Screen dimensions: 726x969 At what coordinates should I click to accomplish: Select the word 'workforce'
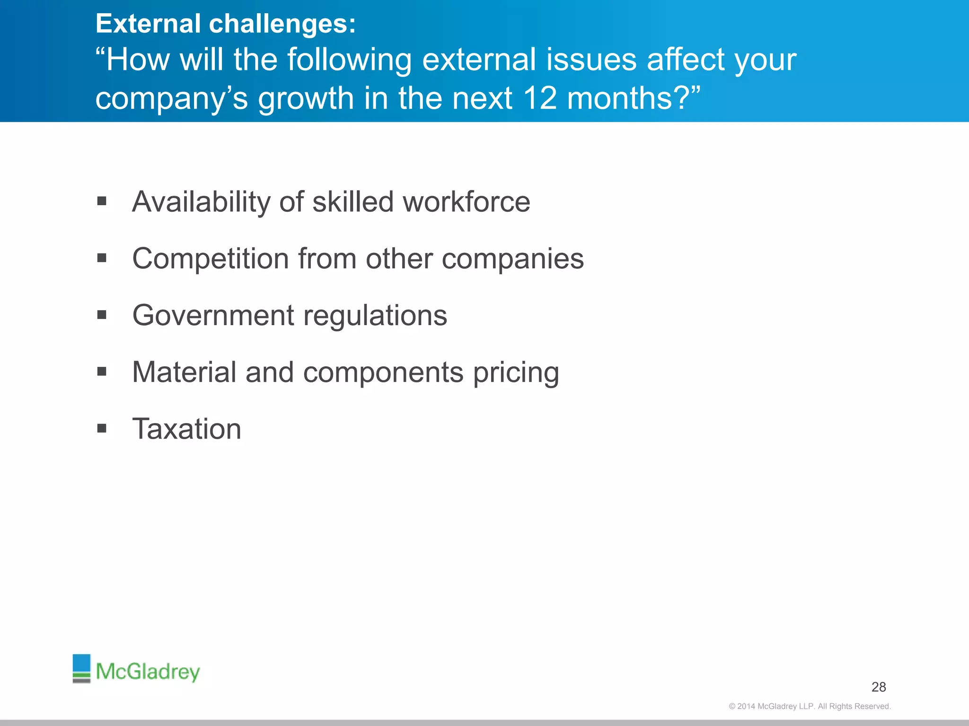click(x=466, y=202)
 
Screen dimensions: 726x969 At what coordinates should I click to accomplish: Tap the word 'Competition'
click(x=211, y=259)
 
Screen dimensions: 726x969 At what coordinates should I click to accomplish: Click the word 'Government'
click(x=213, y=316)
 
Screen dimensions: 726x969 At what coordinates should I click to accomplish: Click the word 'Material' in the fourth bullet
click(x=184, y=372)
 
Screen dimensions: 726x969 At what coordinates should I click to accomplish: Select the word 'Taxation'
click(x=186, y=429)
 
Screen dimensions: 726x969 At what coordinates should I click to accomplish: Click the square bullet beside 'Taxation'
click(x=102, y=429)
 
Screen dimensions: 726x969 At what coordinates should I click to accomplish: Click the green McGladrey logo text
click(x=148, y=671)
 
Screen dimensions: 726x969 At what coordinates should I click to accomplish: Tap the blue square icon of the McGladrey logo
click(x=81, y=663)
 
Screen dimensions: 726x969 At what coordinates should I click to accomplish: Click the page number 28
click(x=879, y=687)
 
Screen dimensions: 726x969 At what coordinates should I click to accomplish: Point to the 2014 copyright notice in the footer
click(x=810, y=706)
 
